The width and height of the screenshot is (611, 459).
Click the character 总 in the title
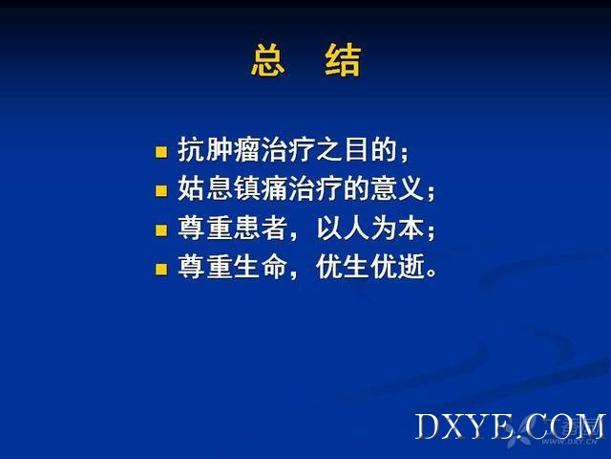tap(268, 59)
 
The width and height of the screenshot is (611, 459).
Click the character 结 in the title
tap(343, 59)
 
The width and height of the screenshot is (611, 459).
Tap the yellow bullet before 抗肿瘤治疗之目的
tap(161, 152)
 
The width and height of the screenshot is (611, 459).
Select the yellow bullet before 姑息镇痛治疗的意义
tap(161, 191)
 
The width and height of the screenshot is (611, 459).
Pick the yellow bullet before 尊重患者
tap(161, 229)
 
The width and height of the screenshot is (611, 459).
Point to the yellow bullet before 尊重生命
tap(161, 269)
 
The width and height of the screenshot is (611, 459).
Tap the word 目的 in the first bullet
tap(370, 149)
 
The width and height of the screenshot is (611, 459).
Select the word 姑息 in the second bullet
tap(205, 188)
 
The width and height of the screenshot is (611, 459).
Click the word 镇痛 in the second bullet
tap(261, 188)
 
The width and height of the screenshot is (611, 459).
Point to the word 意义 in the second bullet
tap(397, 188)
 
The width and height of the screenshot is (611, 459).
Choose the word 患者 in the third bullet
tap(261, 228)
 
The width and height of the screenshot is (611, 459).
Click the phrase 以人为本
tap(370, 228)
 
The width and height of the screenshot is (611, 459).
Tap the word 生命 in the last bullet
tap(261, 267)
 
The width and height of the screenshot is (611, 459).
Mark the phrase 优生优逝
tap(370, 267)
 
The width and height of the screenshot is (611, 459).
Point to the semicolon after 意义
tap(431, 192)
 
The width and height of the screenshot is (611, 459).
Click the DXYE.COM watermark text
tap(510, 426)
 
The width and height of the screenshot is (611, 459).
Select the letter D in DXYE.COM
tap(427, 426)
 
